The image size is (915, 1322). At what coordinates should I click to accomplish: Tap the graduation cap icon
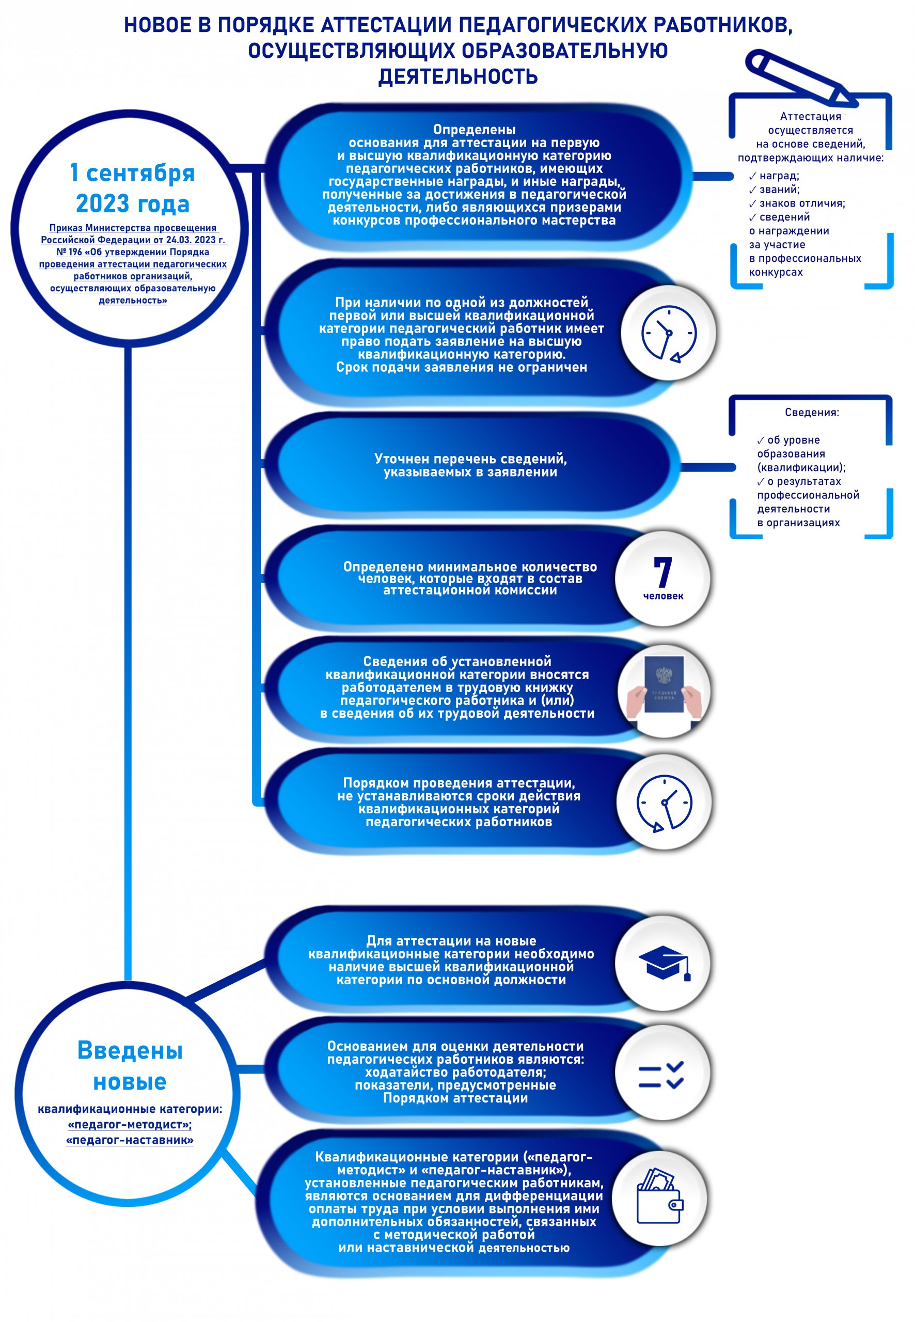pyautogui.click(x=665, y=963)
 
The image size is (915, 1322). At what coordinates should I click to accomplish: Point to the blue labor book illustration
pyautogui.click(x=664, y=685)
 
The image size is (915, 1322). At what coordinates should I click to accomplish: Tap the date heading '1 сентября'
pyautogui.click(x=132, y=173)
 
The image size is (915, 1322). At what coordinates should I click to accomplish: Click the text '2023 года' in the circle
pyautogui.click(x=132, y=203)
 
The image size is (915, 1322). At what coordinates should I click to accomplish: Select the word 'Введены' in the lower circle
pyautogui.click(x=130, y=1050)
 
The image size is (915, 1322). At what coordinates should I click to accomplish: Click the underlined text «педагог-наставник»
pyautogui.click(x=130, y=1140)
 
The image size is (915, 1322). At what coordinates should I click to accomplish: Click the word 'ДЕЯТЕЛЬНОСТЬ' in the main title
pyautogui.click(x=458, y=76)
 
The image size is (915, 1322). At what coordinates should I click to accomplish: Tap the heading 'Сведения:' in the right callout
pyautogui.click(x=811, y=412)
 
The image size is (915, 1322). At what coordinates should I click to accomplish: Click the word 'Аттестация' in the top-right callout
pyautogui.click(x=810, y=116)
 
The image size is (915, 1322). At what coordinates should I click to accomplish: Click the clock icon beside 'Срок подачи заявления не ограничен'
pyautogui.click(x=669, y=334)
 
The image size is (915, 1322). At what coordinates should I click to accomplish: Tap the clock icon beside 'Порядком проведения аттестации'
pyautogui.click(x=664, y=802)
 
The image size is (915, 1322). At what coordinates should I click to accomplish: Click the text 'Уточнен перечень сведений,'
pyautogui.click(x=470, y=459)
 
